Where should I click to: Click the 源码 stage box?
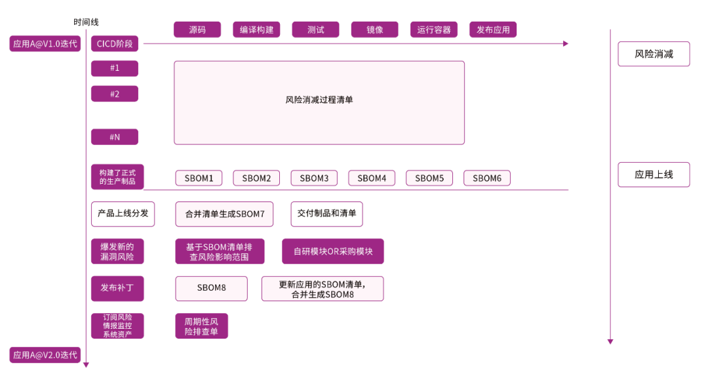197,30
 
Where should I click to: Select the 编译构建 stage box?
256,30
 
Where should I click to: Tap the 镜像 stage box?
374,30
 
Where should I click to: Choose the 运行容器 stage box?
434,30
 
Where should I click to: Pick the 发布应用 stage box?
493,30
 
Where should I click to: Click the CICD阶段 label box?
115,44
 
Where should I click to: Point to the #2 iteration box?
115,94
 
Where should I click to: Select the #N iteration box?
115,136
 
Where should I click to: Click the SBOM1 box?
199,178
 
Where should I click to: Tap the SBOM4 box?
372,178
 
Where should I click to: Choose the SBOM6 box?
487,178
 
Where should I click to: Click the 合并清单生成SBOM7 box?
224,214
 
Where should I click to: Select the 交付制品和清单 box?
326,213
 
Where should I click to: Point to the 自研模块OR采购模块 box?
333,251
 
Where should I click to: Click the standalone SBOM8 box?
211,288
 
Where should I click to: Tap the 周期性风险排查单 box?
202,326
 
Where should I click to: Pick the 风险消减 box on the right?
654,54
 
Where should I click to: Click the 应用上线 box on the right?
654,175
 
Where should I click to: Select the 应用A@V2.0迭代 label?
45,355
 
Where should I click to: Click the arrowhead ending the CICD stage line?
566,44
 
